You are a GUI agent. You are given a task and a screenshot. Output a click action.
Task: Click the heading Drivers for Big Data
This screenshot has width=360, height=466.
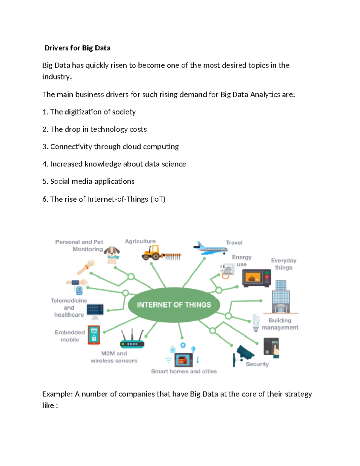click(77, 48)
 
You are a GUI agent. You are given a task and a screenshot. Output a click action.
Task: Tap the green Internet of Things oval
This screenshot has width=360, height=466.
click(174, 305)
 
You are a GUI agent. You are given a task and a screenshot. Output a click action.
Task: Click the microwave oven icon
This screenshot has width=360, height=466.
click(256, 278)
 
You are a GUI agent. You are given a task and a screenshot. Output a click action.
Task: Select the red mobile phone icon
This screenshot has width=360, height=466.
click(94, 335)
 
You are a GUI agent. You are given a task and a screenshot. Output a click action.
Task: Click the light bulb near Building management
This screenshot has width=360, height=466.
click(256, 323)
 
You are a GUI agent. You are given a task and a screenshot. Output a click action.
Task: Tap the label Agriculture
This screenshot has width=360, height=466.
click(140, 242)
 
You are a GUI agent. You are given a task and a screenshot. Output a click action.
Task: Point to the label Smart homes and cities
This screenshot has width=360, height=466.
click(184, 371)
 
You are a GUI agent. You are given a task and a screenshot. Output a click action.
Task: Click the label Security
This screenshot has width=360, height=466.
click(257, 364)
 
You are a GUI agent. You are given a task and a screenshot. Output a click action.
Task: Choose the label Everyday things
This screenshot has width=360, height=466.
click(283, 264)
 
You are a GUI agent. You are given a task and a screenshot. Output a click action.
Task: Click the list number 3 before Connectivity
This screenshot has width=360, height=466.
click(45, 147)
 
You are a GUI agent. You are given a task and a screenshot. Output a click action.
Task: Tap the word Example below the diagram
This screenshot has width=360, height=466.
click(57, 394)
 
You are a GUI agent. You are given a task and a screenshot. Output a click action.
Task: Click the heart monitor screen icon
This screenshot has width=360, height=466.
click(95, 310)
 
